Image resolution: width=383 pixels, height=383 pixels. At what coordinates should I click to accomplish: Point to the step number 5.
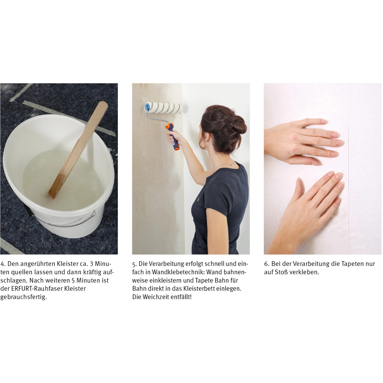(134, 264)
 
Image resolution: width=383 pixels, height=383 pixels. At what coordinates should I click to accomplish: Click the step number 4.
(3, 264)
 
